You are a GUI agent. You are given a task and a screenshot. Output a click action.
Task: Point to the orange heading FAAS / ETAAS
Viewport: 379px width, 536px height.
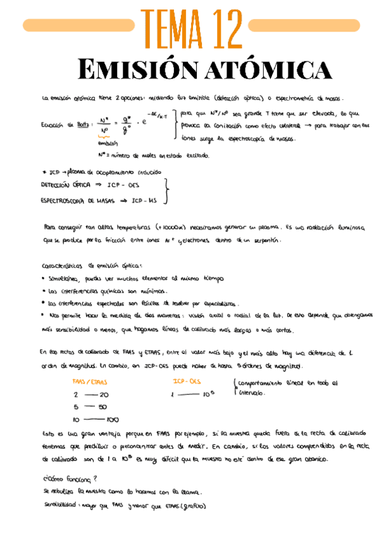pyautogui.click(x=90, y=382)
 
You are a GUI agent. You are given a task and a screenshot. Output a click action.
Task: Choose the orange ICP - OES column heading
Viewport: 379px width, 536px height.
pyautogui.click(x=187, y=381)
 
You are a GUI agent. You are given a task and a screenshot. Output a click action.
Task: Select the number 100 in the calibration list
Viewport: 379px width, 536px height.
pyautogui.click(x=113, y=419)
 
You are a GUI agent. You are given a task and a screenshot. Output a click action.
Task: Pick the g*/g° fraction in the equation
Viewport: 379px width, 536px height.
pyautogui.click(x=127, y=125)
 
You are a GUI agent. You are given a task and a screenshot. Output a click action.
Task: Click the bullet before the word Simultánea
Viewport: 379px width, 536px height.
pyautogui.click(x=42, y=278)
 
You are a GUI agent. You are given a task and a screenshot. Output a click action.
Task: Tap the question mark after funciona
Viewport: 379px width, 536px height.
pyautogui.click(x=95, y=478)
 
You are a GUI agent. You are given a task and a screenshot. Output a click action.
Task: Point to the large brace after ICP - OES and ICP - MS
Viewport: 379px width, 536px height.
pyautogui.click(x=166, y=192)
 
